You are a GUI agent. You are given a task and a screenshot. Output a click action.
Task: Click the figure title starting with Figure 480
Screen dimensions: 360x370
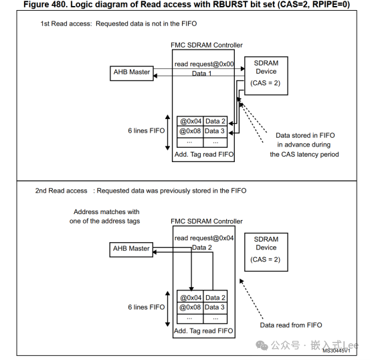point(185,5)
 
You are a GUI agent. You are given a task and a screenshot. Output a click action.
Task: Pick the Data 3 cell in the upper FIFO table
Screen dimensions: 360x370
point(215,131)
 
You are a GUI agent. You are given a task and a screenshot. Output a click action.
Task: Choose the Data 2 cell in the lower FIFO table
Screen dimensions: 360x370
point(215,297)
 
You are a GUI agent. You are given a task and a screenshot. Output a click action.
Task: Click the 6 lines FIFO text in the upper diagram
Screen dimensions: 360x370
point(146,130)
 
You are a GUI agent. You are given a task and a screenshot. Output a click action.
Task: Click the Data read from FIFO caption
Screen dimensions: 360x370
point(291,325)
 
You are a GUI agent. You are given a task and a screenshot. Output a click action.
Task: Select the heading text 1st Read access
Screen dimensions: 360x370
point(66,24)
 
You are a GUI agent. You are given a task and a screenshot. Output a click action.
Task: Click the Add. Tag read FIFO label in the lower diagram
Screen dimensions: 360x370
point(203,331)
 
